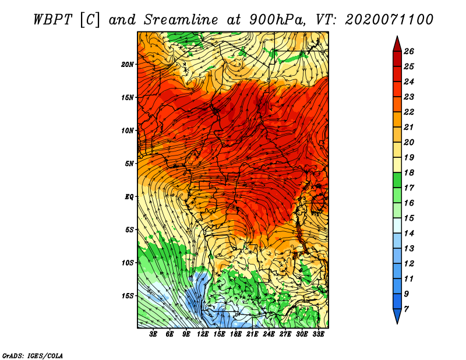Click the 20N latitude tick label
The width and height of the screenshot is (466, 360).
pos(128,64)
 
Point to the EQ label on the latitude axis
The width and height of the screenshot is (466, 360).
pos(129,196)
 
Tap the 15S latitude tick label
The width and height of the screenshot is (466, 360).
pos(128,295)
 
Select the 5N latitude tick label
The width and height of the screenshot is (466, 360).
pos(129,163)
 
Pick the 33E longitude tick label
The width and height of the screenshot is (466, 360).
pos(319,334)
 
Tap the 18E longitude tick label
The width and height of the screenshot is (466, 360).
pos(236,334)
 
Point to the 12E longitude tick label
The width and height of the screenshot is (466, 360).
pos(203,334)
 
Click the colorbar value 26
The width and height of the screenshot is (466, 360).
pos(416,51)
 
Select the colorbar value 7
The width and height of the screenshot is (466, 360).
pos(414,309)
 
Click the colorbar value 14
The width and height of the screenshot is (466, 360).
pos(416,233)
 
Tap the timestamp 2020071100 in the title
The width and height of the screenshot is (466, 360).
pos(389,19)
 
